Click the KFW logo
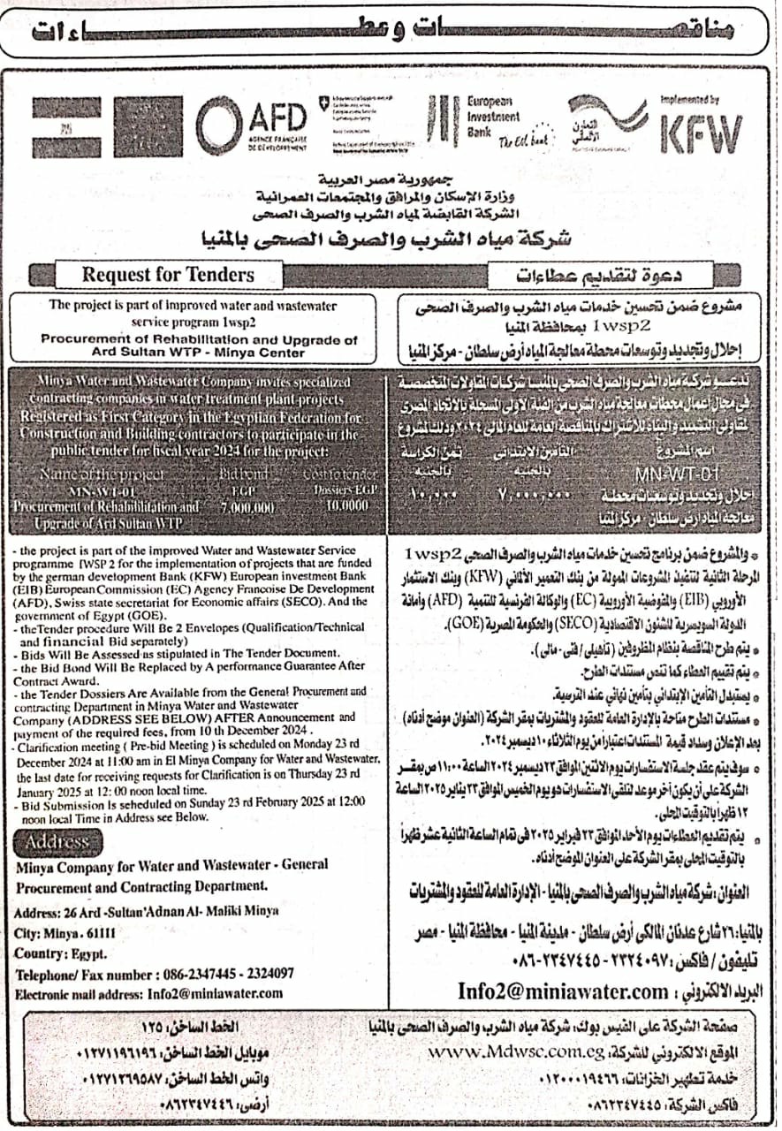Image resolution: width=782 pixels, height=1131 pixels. (702, 134)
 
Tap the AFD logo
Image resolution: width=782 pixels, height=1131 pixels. (249, 125)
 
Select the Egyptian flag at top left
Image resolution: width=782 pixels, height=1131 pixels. (66, 126)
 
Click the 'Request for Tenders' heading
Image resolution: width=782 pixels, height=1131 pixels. (168, 274)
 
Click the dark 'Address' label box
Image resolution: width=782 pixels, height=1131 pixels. (58, 842)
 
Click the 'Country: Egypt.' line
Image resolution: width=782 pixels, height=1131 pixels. (61, 953)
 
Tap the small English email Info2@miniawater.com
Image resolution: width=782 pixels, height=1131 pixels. (202, 993)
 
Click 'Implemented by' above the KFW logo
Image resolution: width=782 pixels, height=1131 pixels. (689, 102)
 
